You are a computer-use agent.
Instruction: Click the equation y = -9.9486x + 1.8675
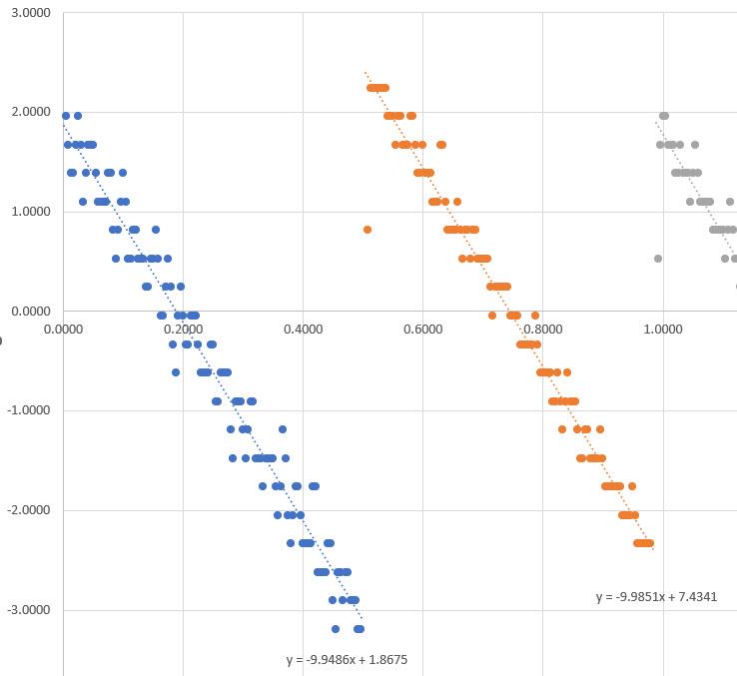(x=347, y=660)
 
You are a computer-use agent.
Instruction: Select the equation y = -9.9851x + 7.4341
(x=656, y=597)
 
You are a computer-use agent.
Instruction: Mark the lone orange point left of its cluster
(x=368, y=230)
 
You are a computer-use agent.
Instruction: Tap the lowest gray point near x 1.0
(x=658, y=259)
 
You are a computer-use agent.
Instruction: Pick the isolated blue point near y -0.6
(x=176, y=372)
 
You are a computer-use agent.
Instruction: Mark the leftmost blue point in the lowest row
(x=336, y=629)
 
